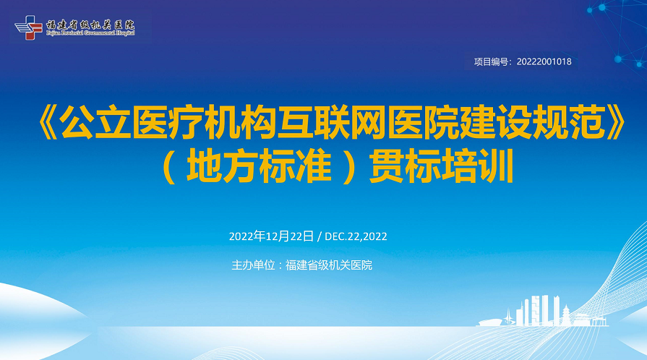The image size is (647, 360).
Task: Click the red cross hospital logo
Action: pyautogui.click(x=28, y=27)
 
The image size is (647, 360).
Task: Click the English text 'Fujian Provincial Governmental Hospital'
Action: pyautogui.click(x=90, y=33)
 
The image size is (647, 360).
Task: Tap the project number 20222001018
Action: pyautogui.click(x=544, y=61)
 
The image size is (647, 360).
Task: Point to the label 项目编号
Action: pyautogui.click(x=491, y=61)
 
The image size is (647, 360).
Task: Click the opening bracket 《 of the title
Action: pyautogui.click(x=48, y=123)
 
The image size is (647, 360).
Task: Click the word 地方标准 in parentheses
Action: pyautogui.click(x=259, y=166)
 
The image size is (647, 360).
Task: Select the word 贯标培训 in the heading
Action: pyautogui.click(x=442, y=166)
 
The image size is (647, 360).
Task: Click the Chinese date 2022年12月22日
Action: pyautogui.click(x=271, y=236)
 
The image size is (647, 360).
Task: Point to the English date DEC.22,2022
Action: pyautogui.click(x=356, y=236)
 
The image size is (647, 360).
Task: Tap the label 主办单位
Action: pyautogui.click(x=253, y=265)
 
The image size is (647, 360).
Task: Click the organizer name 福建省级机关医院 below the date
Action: pyautogui.click(x=329, y=265)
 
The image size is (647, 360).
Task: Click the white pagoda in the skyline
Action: pyautogui.click(x=566, y=316)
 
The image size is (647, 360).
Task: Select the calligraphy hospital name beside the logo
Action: pyautogui.click(x=90, y=25)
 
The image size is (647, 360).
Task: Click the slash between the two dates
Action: pyautogui.click(x=320, y=236)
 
